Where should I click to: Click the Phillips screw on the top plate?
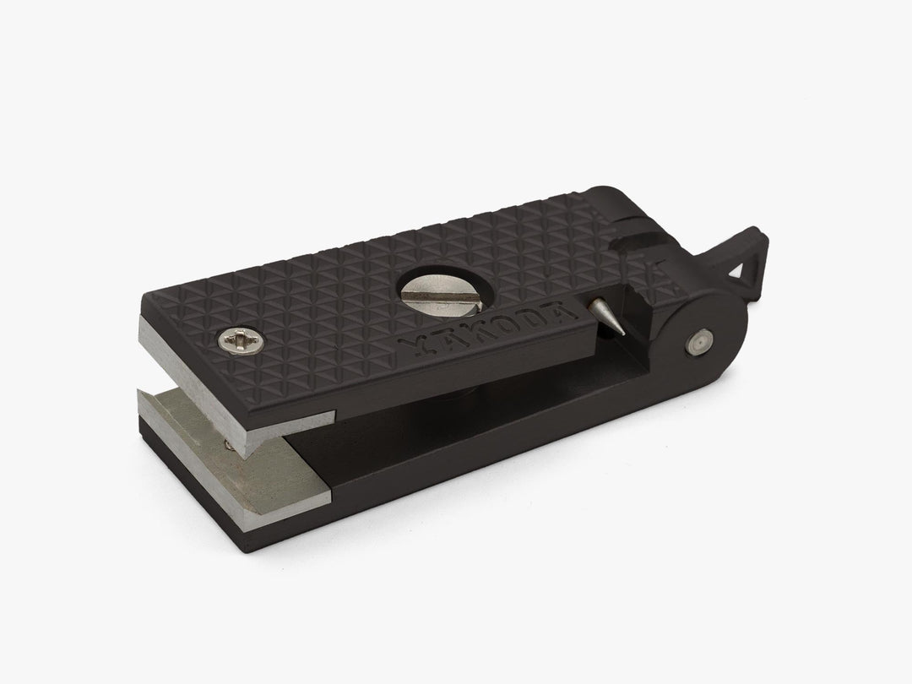[241, 341]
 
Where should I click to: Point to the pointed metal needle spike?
[605, 316]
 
